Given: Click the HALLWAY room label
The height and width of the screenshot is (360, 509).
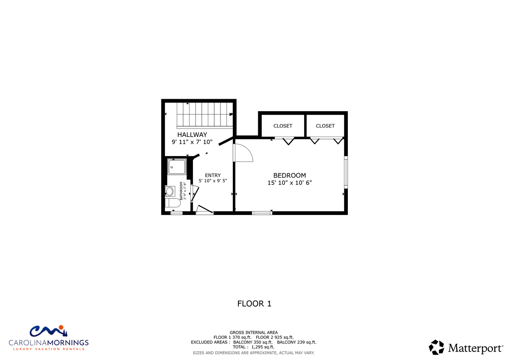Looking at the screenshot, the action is pyautogui.click(x=192, y=135).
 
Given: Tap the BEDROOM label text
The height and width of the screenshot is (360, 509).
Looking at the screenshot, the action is pyautogui.click(x=289, y=176).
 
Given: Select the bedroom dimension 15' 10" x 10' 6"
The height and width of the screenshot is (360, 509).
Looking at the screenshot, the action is pyautogui.click(x=289, y=183).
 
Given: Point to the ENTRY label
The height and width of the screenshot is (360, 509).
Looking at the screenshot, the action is pyautogui.click(x=213, y=176).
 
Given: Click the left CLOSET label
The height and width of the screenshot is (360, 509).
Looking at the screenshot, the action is pyautogui.click(x=282, y=126).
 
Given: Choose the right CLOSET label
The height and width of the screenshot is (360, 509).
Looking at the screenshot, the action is pyautogui.click(x=325, y=126).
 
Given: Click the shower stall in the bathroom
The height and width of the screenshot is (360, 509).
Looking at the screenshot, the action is pyautogui.click(x=177, y=167).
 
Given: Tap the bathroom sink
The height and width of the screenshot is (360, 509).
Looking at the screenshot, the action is pyautogui.click(x=170, y=191).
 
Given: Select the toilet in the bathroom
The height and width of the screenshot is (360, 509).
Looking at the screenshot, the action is pyautogui.click(x=173, y=203).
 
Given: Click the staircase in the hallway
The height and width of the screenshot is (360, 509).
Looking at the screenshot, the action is pyautogui.click(x=205, y=115).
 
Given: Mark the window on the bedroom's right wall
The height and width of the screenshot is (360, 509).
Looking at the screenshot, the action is pyautogui.click(x=346, y=172).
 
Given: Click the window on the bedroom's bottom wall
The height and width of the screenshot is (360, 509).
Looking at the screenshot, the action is pyautogui.click(x=262, y=213).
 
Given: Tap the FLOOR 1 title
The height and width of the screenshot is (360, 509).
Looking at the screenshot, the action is pyautogui.click(x=254, y=304).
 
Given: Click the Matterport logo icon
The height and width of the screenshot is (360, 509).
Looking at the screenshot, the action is pyautogui.click(x=436, y=347).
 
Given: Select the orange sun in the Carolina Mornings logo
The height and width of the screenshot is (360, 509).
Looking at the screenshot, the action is pyautogui.click(x=61, y=327).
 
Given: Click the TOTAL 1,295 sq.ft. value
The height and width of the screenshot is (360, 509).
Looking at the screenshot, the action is pyautogui.click(x=254, y=347).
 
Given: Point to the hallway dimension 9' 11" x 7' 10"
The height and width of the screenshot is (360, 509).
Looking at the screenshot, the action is pyautogui.click(x=192, y=142).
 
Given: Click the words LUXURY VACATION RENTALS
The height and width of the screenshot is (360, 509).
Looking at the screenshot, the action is pyautogui.click(x=49, y=349).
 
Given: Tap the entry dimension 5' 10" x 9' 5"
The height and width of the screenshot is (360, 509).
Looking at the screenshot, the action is pyautogui.click(x=213, y=181).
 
